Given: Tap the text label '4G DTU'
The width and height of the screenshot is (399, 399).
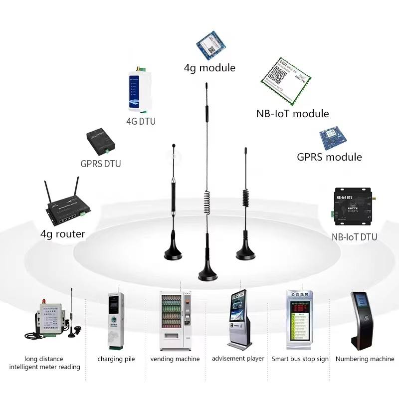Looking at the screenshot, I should [141, 121].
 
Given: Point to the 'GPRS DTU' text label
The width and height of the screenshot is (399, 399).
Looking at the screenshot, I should [101, 164].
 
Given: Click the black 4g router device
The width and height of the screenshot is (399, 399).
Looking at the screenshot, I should [65, 209].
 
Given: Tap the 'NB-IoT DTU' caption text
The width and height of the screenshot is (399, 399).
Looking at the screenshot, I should [354, 237].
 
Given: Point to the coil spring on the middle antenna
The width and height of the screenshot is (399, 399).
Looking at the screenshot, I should [207, 203].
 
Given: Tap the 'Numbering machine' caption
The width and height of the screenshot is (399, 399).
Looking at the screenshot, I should [365, 359].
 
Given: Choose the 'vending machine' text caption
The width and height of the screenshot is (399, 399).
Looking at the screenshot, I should [175, 359].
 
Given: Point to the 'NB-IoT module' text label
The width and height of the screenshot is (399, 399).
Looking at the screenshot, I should [292, 113].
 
